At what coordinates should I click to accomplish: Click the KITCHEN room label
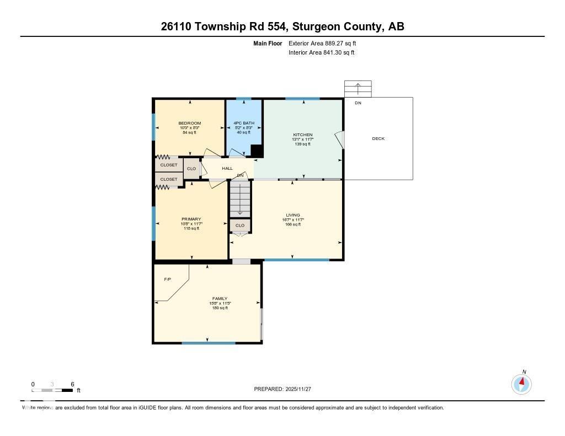tap(302, 134)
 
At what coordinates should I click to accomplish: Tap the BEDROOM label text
tap(189, 123)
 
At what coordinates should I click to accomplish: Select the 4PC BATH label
tap(244, 123)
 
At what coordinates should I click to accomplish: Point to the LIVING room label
tap(292, 215)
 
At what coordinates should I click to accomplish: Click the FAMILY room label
tap(220, 298)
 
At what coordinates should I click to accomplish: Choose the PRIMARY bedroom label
tap(191, 219)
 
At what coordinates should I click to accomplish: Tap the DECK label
tap(378, 138)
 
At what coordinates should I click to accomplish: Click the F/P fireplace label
tap(168, 279)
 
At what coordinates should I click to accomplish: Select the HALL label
tap(227, 168)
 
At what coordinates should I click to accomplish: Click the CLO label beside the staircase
tap(240, 225)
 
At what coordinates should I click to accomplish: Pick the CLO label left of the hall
tap(191, 169)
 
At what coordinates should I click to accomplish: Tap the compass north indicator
tap(522, 383)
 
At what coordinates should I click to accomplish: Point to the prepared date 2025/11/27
tap(286, 389)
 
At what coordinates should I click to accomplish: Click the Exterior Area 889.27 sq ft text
tap(318, 43)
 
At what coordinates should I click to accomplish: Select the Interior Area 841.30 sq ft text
tap(321, 52)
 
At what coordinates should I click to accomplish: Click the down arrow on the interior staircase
tap(240, 204)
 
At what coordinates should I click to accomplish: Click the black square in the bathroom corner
tap(257, 150)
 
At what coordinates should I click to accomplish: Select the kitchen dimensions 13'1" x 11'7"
tap(302, 139)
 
